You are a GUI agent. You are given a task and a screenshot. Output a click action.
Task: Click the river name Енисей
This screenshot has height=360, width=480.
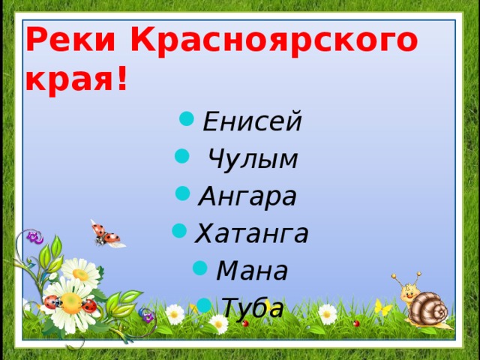point(252,121)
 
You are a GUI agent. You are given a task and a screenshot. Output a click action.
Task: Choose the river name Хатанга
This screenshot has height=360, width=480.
point(252,233)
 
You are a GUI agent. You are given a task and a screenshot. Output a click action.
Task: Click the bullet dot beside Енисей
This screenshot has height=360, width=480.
point(186,118)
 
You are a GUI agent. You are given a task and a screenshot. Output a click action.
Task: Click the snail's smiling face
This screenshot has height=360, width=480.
point(409,289)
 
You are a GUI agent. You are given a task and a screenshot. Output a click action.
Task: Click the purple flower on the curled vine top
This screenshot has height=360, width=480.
point(34,238)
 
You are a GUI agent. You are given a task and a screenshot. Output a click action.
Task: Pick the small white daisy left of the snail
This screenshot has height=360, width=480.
point(328,313)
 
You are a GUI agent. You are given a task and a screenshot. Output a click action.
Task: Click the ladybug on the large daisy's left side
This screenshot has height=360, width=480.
point(51,301)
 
